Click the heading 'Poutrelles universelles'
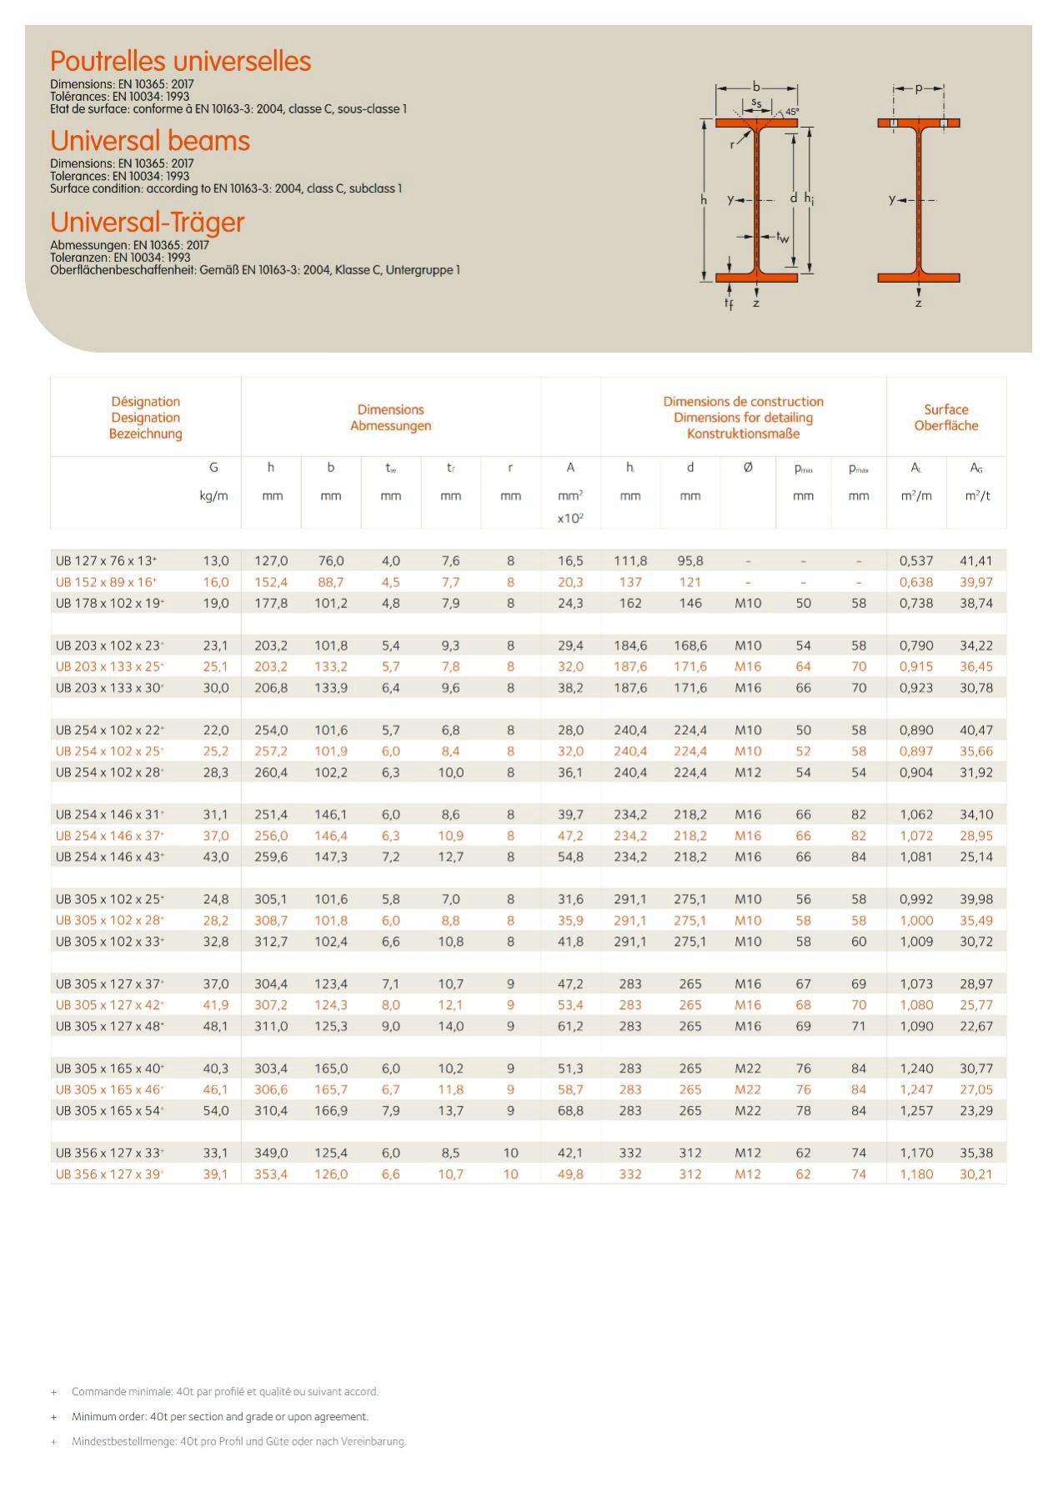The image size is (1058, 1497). coord(180,61)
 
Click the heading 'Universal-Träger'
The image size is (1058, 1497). coord(148,222)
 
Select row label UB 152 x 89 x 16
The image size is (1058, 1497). coord(106,582)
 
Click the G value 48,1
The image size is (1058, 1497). coord(215,1026)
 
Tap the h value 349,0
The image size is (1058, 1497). coord(271,1153)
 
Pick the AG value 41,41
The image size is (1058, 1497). coord(975,561)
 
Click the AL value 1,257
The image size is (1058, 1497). coord(915,1110)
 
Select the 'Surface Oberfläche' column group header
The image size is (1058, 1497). coord(945,417)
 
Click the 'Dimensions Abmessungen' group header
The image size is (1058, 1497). coord(390,417)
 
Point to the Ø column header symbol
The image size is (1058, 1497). coord(748,468)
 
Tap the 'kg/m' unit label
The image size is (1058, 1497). coord(213,496)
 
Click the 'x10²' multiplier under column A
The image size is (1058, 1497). coord(570,518)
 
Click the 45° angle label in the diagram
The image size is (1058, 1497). coord(791,111)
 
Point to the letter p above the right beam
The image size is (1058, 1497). coord(918,88)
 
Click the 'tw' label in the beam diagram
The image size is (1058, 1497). coord(782,237)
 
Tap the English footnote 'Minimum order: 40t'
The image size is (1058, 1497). coord(219,1416)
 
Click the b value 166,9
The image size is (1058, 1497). coord(331,1110)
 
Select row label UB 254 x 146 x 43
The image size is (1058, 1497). coord(109,857)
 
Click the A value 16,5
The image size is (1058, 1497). coord(570,561)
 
